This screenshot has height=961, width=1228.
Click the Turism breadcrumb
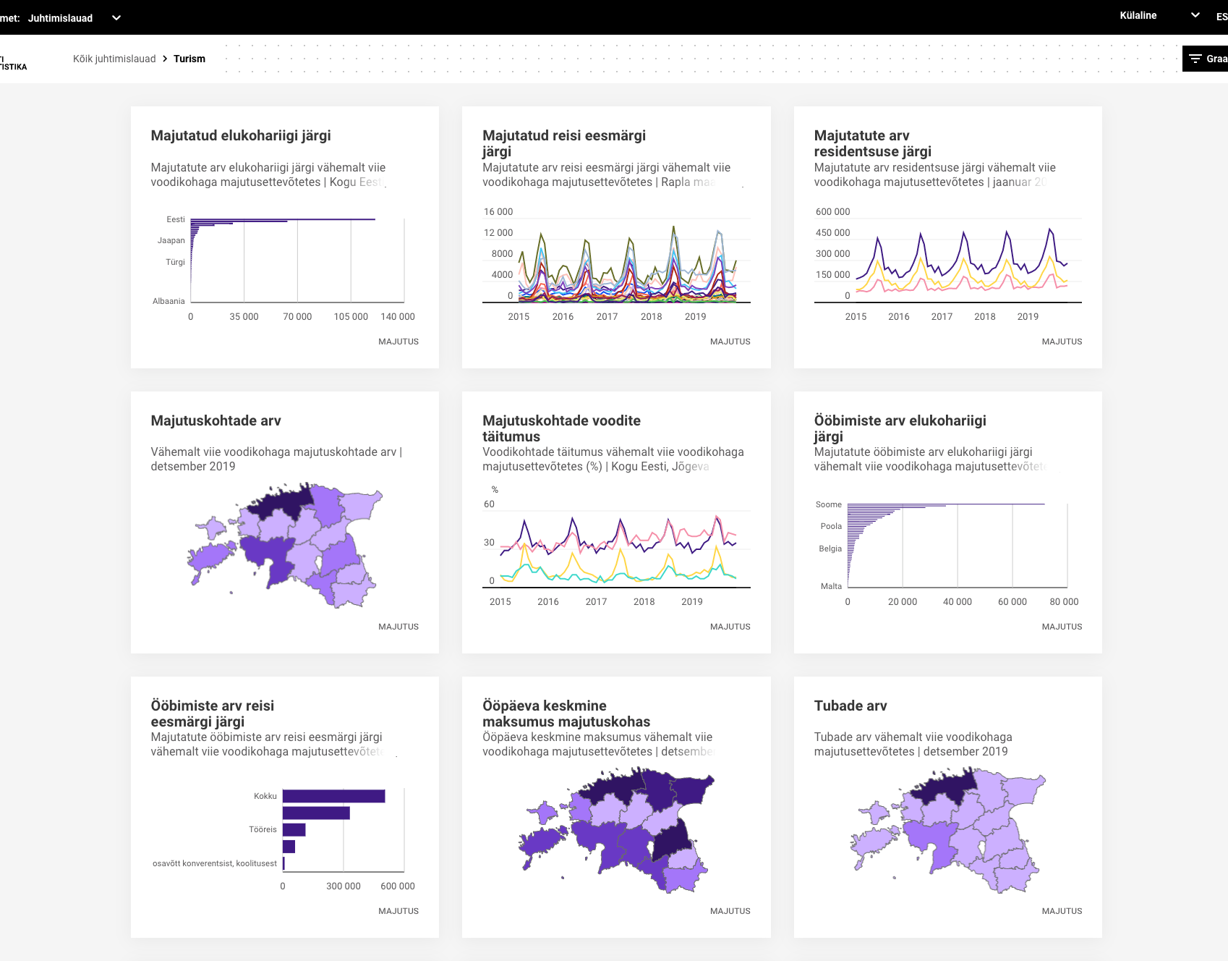[x=189, y=59]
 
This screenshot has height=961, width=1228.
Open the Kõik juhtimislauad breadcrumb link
[x=114, y=59]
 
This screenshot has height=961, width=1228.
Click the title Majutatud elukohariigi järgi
[x=241, y=135]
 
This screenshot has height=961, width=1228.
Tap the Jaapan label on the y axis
[x=171, y=240]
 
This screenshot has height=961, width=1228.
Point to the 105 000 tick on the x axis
[x=351, y=317]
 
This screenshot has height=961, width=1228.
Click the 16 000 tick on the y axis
[x=498, y=212]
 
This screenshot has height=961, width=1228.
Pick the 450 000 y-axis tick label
[x=832, y=233]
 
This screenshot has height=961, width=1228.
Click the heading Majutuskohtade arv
[x=216, y=420]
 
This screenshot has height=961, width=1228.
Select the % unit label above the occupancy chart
[x=495, y=490]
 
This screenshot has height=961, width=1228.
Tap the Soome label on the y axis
[x=829, y=504]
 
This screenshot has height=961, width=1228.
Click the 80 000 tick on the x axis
[x=1064, y=602]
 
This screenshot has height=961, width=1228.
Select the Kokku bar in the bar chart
[x=333, y=796]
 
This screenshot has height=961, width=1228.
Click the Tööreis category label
[x=263, y=829]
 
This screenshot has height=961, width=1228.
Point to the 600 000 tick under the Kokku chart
[x=398, y=886]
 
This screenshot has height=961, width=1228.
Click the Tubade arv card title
[x=850, y=706]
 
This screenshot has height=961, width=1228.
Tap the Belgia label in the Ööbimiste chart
[x=830, y=549]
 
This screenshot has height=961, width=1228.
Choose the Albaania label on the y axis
[x=169, y=301]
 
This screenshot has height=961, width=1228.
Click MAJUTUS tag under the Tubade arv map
[x=1062, y=911]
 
